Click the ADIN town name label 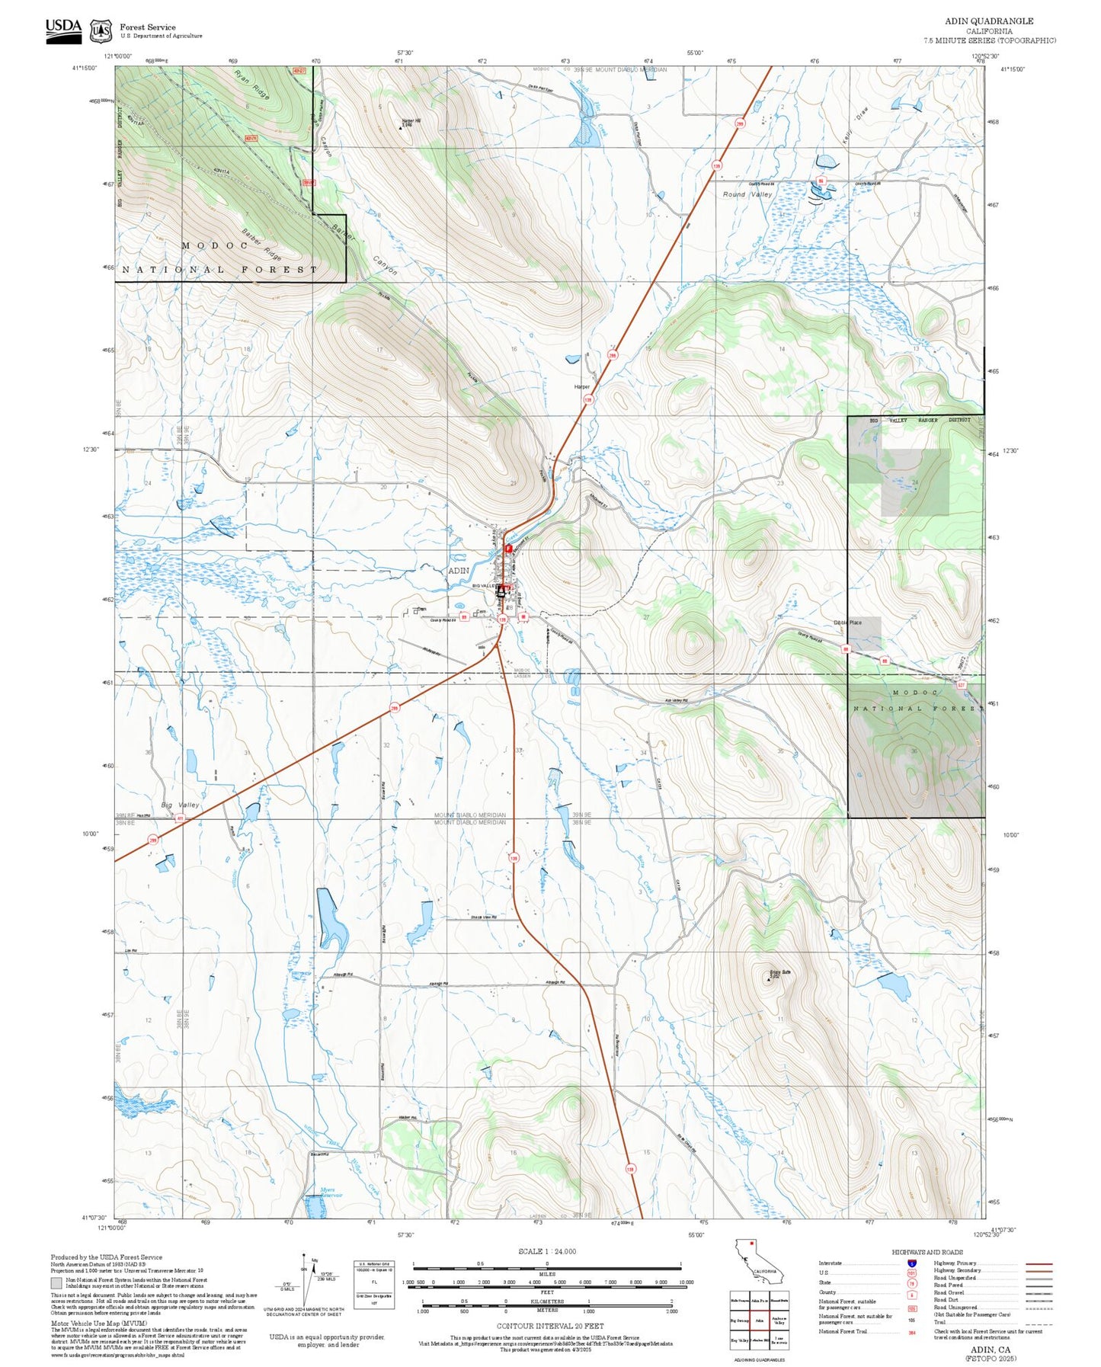[x=459, y=570]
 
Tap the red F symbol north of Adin [x=508, y=548]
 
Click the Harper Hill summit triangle [x=402, y=128]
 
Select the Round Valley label [x=747, y=194]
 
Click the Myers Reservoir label [x=327, y=1193]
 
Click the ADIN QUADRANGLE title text [x=989, y=21]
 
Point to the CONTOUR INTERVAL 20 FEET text [x=550, y=1326]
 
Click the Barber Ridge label [x=261, y=244]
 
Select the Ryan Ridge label [x=252, y=85]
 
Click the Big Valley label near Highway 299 [x=180, y=805]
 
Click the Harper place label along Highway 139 [x=581, y=387]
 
